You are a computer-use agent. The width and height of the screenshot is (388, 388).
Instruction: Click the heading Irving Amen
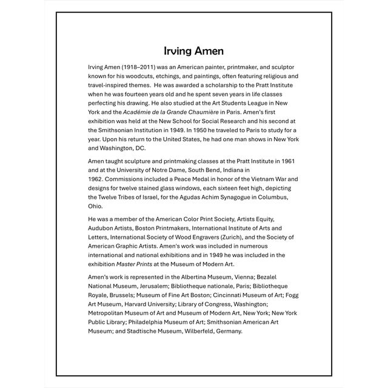(x=193, y=50)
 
